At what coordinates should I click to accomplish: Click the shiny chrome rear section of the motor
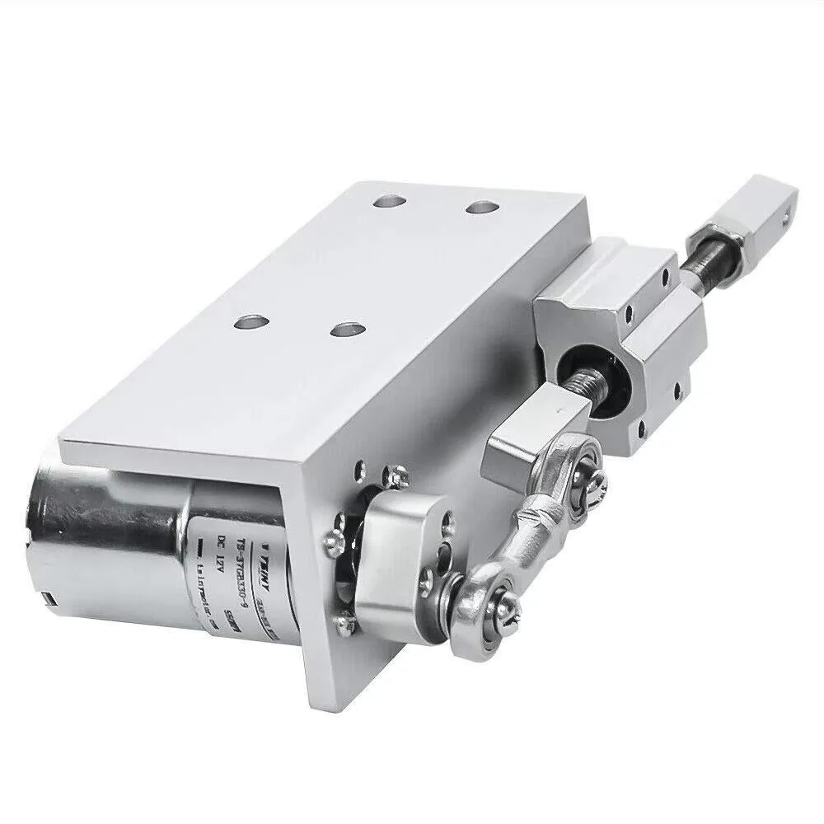pyautogui.click(x=91, y=527)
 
